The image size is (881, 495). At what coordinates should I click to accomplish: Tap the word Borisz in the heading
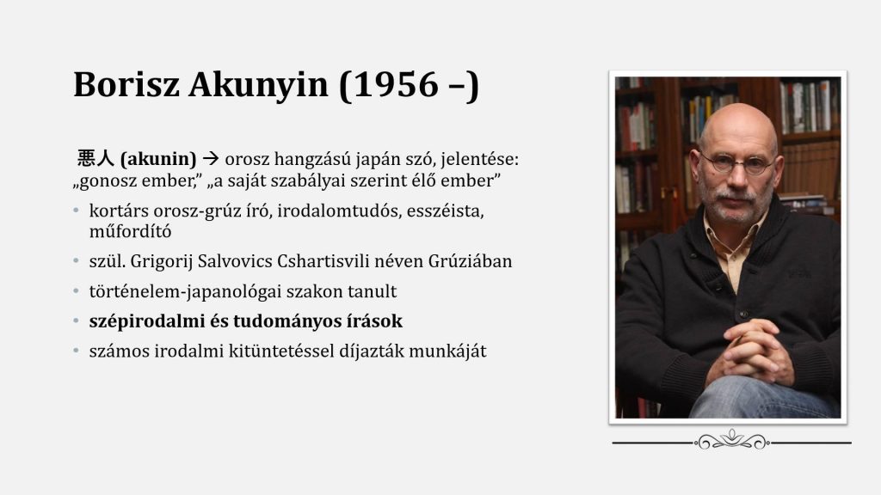(x=126, y=85)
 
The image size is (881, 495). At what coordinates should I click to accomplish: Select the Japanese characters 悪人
(x=95, y=158)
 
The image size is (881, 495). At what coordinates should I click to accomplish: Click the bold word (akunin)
(x=158, y=159)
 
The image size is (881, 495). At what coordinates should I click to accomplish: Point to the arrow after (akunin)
(x=210, y=159)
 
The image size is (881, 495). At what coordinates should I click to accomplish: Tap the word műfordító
(x=131, y=231)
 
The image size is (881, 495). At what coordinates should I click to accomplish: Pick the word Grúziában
(x=470, y=261)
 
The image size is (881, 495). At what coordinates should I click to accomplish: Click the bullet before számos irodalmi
(x=77, y=351)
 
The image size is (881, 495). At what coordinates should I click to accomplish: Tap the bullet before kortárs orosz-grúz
(x=77, y=211)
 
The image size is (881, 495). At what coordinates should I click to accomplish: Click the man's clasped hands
(x=750, y=351)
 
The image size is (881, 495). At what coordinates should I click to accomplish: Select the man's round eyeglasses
(x=736, y=163)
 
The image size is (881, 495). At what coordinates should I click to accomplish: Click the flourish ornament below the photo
(x=731, y=441)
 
